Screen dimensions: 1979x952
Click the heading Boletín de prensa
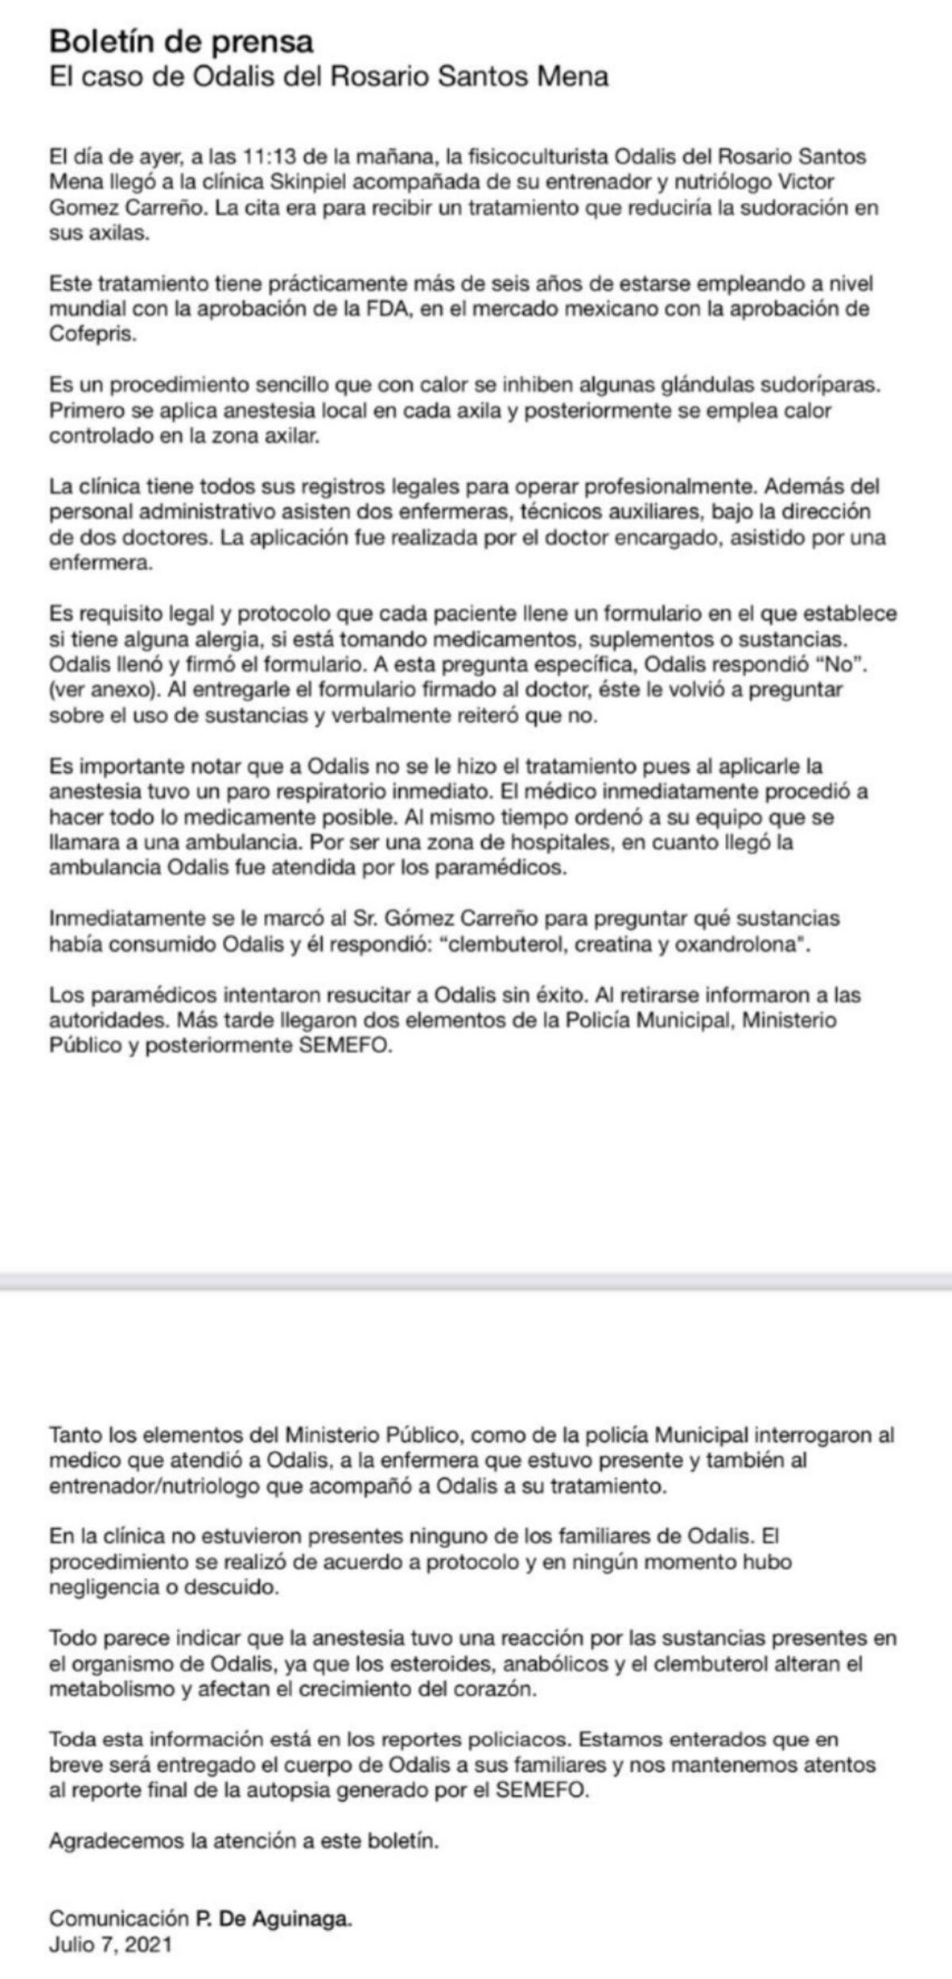182,40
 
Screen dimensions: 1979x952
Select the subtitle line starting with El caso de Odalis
329,77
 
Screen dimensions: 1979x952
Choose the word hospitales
551,842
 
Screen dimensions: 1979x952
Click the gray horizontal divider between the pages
476,1280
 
